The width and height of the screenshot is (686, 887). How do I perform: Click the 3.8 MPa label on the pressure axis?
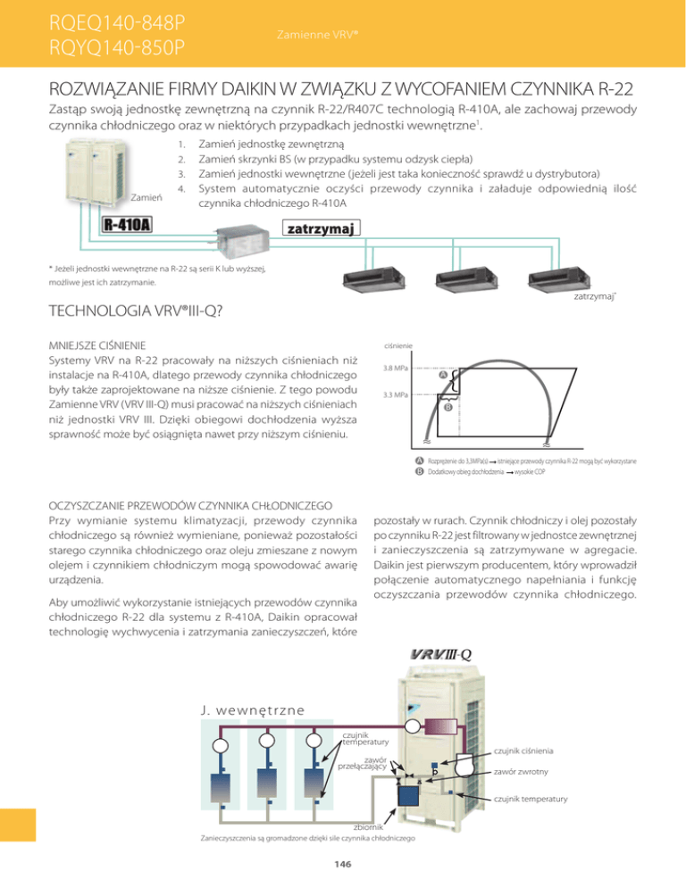coord(396,367)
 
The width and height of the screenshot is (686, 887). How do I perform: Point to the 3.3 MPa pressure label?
coord(396,394)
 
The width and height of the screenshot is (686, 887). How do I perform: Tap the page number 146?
coord(343,863)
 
